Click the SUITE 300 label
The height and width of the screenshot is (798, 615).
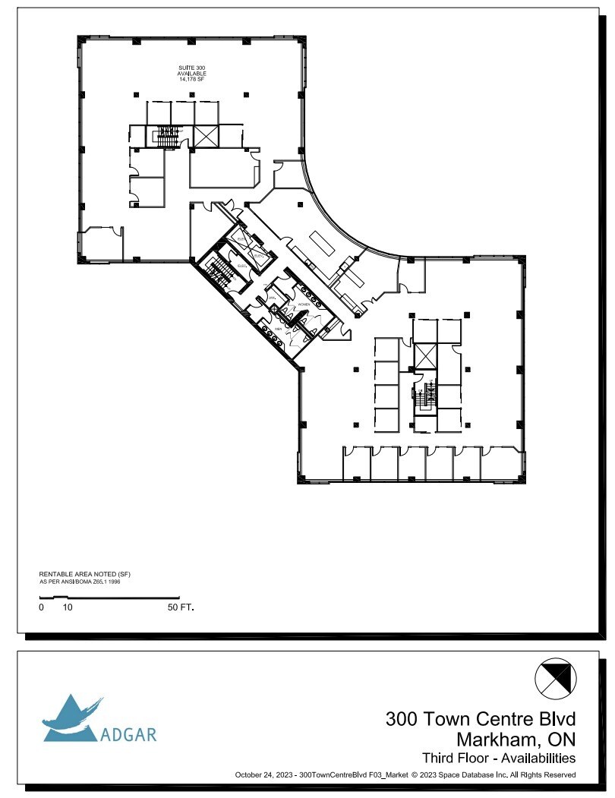point(186,68)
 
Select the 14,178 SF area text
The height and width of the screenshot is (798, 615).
point(186,78)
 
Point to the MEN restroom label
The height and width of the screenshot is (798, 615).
point(279,330)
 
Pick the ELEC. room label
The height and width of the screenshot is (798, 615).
point(241,266)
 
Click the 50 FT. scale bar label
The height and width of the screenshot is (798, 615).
point(180,607)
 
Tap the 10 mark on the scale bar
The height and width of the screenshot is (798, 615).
point(68,607)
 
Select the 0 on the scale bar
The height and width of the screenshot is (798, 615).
point(42,607)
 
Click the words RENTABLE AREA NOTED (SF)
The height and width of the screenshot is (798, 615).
point(80,574)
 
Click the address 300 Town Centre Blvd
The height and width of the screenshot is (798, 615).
point(481,718)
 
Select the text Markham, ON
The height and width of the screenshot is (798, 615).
point(516,738)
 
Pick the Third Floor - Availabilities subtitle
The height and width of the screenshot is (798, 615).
point(499,758)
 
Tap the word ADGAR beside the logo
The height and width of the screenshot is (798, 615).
point(128,734)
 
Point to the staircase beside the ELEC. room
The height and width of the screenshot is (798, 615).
point(221,272)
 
